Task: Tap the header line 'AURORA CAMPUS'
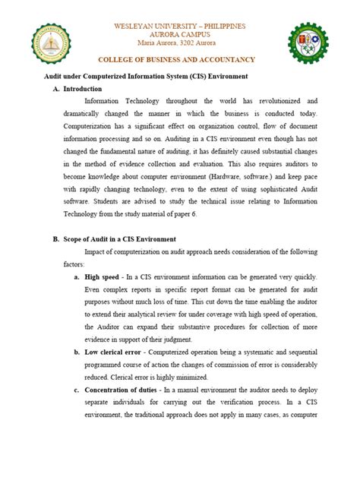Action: (x=179, y=35)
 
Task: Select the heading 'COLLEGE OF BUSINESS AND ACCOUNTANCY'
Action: (x=179, y=60)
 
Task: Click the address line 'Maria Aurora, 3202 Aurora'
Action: (x=179, y=44)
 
